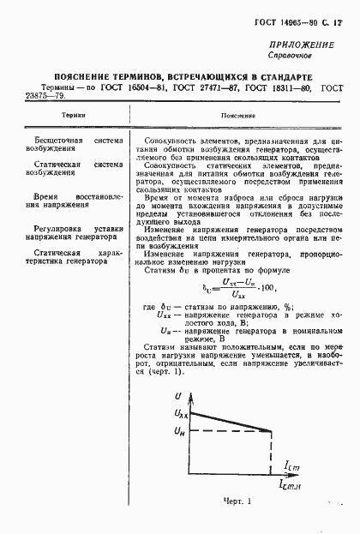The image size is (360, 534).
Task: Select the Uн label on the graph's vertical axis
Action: [179, 431]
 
